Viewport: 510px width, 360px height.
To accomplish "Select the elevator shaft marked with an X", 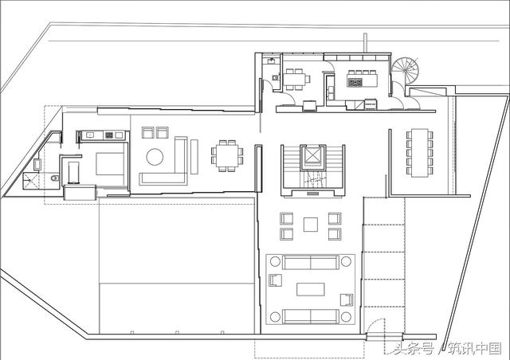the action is pos(312,157).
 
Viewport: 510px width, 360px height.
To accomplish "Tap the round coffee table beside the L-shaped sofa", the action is pos(155,157).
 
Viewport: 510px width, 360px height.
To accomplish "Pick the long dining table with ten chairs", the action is pos(420,153).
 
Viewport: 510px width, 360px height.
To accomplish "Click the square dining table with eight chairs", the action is pos(227,156).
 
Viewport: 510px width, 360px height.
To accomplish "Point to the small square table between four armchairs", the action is pos(311,225).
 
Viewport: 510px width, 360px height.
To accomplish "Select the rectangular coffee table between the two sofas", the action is pos(311,289).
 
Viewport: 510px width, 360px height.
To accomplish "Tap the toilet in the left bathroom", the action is pos(55,178).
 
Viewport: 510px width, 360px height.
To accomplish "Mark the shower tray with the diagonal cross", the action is pos(30,181).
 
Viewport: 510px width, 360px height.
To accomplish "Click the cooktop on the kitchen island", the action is pos(355,83).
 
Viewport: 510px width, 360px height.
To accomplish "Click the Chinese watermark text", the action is pos(447,349).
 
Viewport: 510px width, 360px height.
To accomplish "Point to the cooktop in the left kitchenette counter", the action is pos(109,135).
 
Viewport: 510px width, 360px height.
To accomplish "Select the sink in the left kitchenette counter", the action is pos(90,135).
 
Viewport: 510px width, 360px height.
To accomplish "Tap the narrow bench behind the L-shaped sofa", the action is pos(194,156).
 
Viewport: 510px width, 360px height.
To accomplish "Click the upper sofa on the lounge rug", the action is pos(311,263).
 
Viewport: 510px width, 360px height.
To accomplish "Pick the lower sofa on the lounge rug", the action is pos(311,316).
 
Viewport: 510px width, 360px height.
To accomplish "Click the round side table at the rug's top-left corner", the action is pos(275,261).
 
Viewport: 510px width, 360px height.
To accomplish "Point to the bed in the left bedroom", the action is pos(110,164).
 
